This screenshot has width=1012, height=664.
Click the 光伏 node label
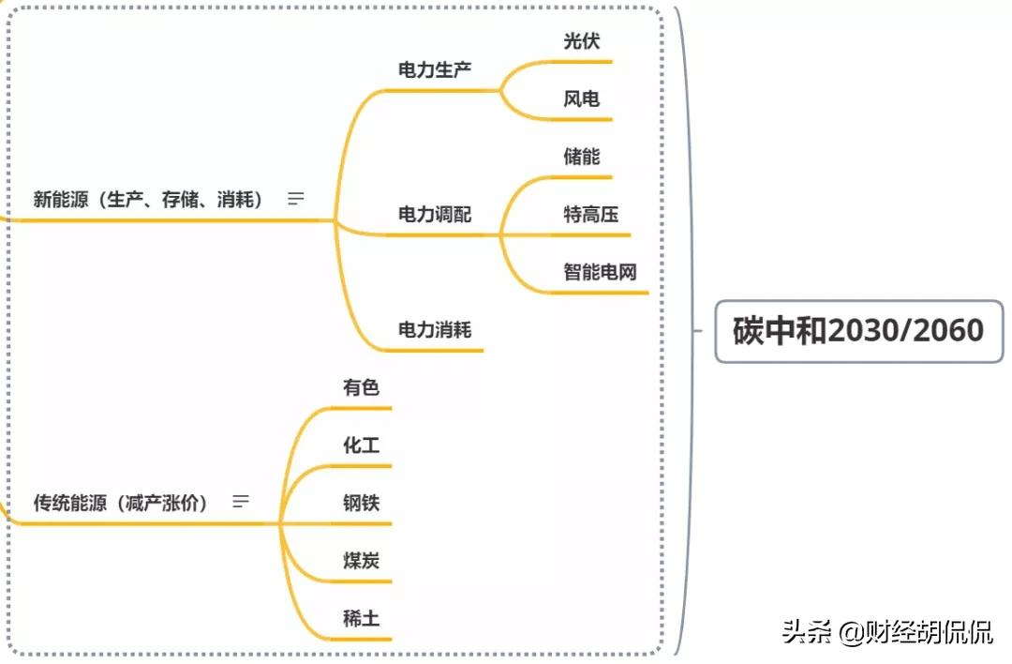pos(581,41)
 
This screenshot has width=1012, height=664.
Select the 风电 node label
pos(581,98)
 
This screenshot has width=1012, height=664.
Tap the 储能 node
pos(581,156)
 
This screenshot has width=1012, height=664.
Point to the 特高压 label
pos(590,214)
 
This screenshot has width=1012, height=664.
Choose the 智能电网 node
pos(600,272)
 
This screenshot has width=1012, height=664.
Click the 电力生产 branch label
pos(435,70)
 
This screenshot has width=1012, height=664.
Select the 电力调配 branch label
pos(435,214)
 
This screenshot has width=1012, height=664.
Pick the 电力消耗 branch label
pos(435,329)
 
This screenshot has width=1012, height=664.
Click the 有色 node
pos(361,387)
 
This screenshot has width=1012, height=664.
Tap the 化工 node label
pos(361,445)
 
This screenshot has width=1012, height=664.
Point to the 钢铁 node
pos(361,503)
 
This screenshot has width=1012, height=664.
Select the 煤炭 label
pos(361,561)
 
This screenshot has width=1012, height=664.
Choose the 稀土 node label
pos(361,618)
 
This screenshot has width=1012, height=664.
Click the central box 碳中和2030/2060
pos(858,331)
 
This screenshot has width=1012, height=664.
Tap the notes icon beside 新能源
pos(296,199)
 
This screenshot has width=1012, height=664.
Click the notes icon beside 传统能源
pos(241,502)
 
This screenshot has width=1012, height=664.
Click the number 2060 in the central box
pos(944,331)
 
